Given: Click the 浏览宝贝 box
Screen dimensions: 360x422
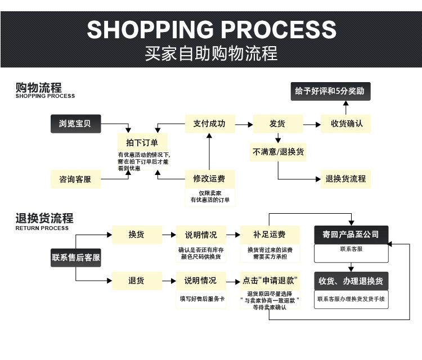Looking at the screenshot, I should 75,124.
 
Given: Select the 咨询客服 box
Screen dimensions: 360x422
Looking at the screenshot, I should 75,179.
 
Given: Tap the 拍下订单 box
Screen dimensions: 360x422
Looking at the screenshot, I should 142,142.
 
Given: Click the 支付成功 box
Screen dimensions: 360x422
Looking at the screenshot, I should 209,124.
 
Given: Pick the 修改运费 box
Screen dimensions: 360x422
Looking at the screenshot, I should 209,179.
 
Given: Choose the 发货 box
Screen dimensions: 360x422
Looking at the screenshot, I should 277,124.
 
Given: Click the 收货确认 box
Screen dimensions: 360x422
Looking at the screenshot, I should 346,124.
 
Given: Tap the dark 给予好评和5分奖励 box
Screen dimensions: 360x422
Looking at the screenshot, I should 331,91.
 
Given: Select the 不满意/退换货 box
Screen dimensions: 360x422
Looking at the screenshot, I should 279,152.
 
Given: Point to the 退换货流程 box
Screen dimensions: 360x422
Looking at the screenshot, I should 346,179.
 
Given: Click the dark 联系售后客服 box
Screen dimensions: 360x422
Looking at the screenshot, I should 76,258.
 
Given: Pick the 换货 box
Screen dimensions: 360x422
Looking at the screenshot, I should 136,235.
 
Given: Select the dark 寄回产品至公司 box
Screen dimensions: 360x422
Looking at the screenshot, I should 351,235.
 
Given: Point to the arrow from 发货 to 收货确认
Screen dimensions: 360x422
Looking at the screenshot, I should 311,124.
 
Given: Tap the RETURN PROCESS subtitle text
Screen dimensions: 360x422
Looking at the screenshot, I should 42,228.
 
